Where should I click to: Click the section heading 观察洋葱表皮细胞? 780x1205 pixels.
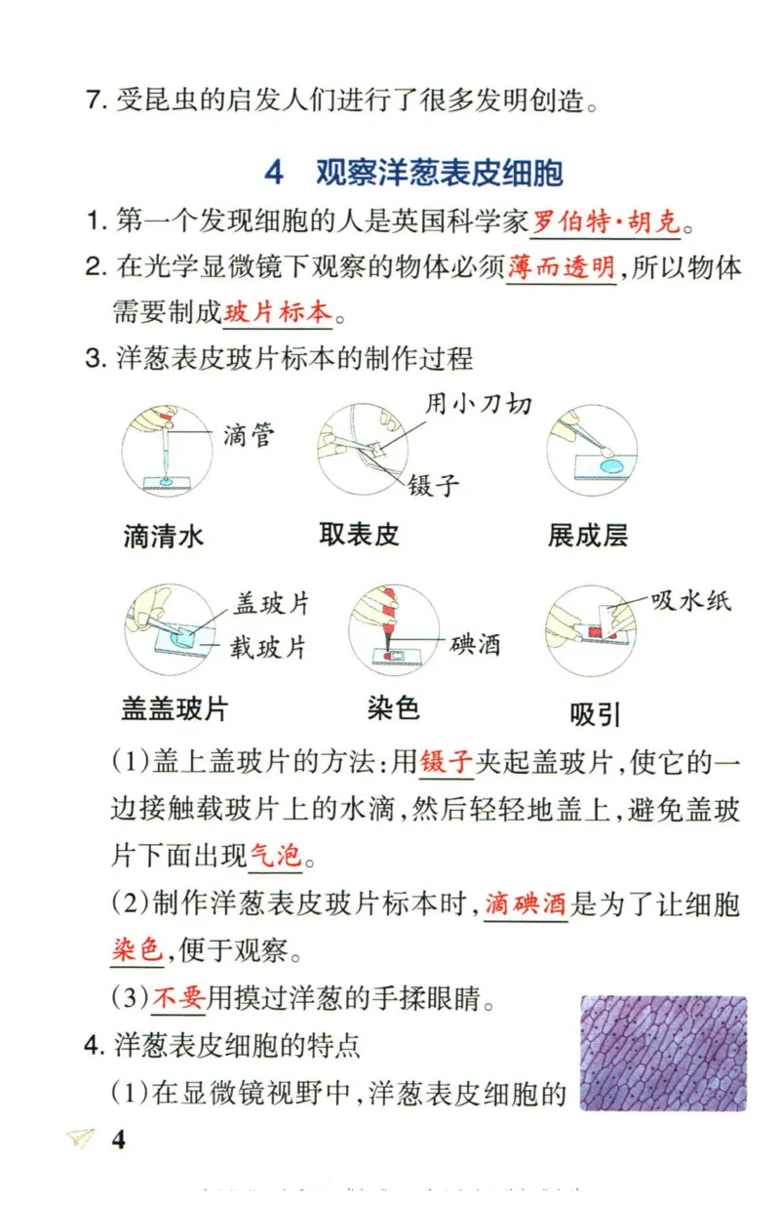point(439,172)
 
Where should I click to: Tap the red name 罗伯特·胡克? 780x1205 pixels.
point(604,222)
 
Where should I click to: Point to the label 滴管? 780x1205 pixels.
point(249,434)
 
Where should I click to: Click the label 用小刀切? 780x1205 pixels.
point(478,402)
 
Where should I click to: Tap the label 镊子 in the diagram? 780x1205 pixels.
point(434,484)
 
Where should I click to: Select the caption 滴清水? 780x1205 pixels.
point(164,536)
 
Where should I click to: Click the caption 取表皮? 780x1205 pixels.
point(359,534)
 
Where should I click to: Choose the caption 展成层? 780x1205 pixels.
point(587,535)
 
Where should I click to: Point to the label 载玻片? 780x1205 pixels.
point(268,647)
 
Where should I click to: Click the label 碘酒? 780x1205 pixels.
point(475,644)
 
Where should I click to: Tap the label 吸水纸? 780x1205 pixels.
point(690,600)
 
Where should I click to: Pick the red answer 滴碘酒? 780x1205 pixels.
point(526,904)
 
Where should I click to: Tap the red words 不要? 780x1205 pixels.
point(177,997)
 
